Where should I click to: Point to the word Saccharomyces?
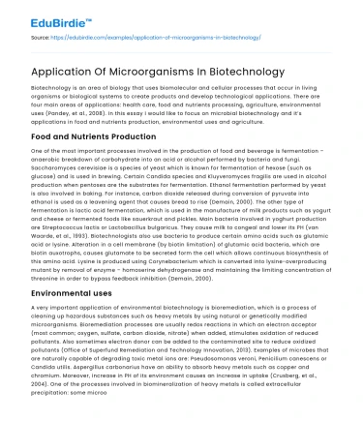pos(41,170)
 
